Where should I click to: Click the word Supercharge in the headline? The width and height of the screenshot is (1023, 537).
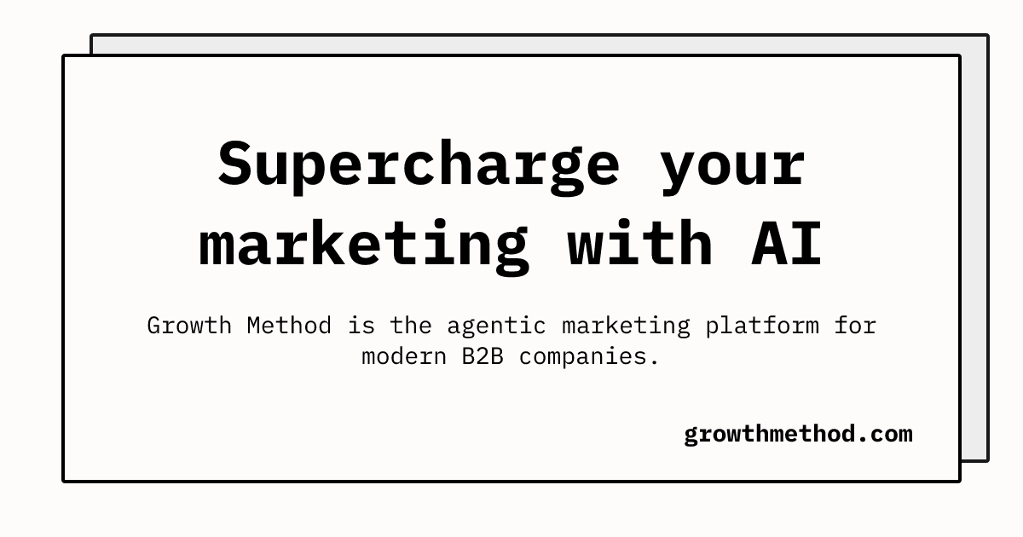click(419, 167)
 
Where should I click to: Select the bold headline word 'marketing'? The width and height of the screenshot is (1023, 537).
click(364, 246)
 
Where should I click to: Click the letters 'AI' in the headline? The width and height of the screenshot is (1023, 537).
click(786, 244)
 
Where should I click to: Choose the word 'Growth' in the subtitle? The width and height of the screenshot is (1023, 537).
click(189, 326)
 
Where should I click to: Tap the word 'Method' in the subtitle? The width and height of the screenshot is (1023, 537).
click(289, 326)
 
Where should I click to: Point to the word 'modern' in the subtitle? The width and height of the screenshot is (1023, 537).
click(404, 356)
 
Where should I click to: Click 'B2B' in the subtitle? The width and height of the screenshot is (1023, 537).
click(483, 356)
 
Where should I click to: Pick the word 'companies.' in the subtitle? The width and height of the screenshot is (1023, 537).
click(589, 357)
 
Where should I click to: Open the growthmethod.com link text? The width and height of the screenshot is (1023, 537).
click(798, 435)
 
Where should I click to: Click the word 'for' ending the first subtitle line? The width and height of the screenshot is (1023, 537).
click(855, 326)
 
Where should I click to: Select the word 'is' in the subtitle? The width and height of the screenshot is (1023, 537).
click(361, 326)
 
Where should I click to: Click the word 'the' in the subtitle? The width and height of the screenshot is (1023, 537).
click(411, 326)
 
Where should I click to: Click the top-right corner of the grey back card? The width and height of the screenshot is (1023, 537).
click(988, 35)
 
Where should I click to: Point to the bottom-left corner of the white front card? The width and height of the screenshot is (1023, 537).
click(63, 481)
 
